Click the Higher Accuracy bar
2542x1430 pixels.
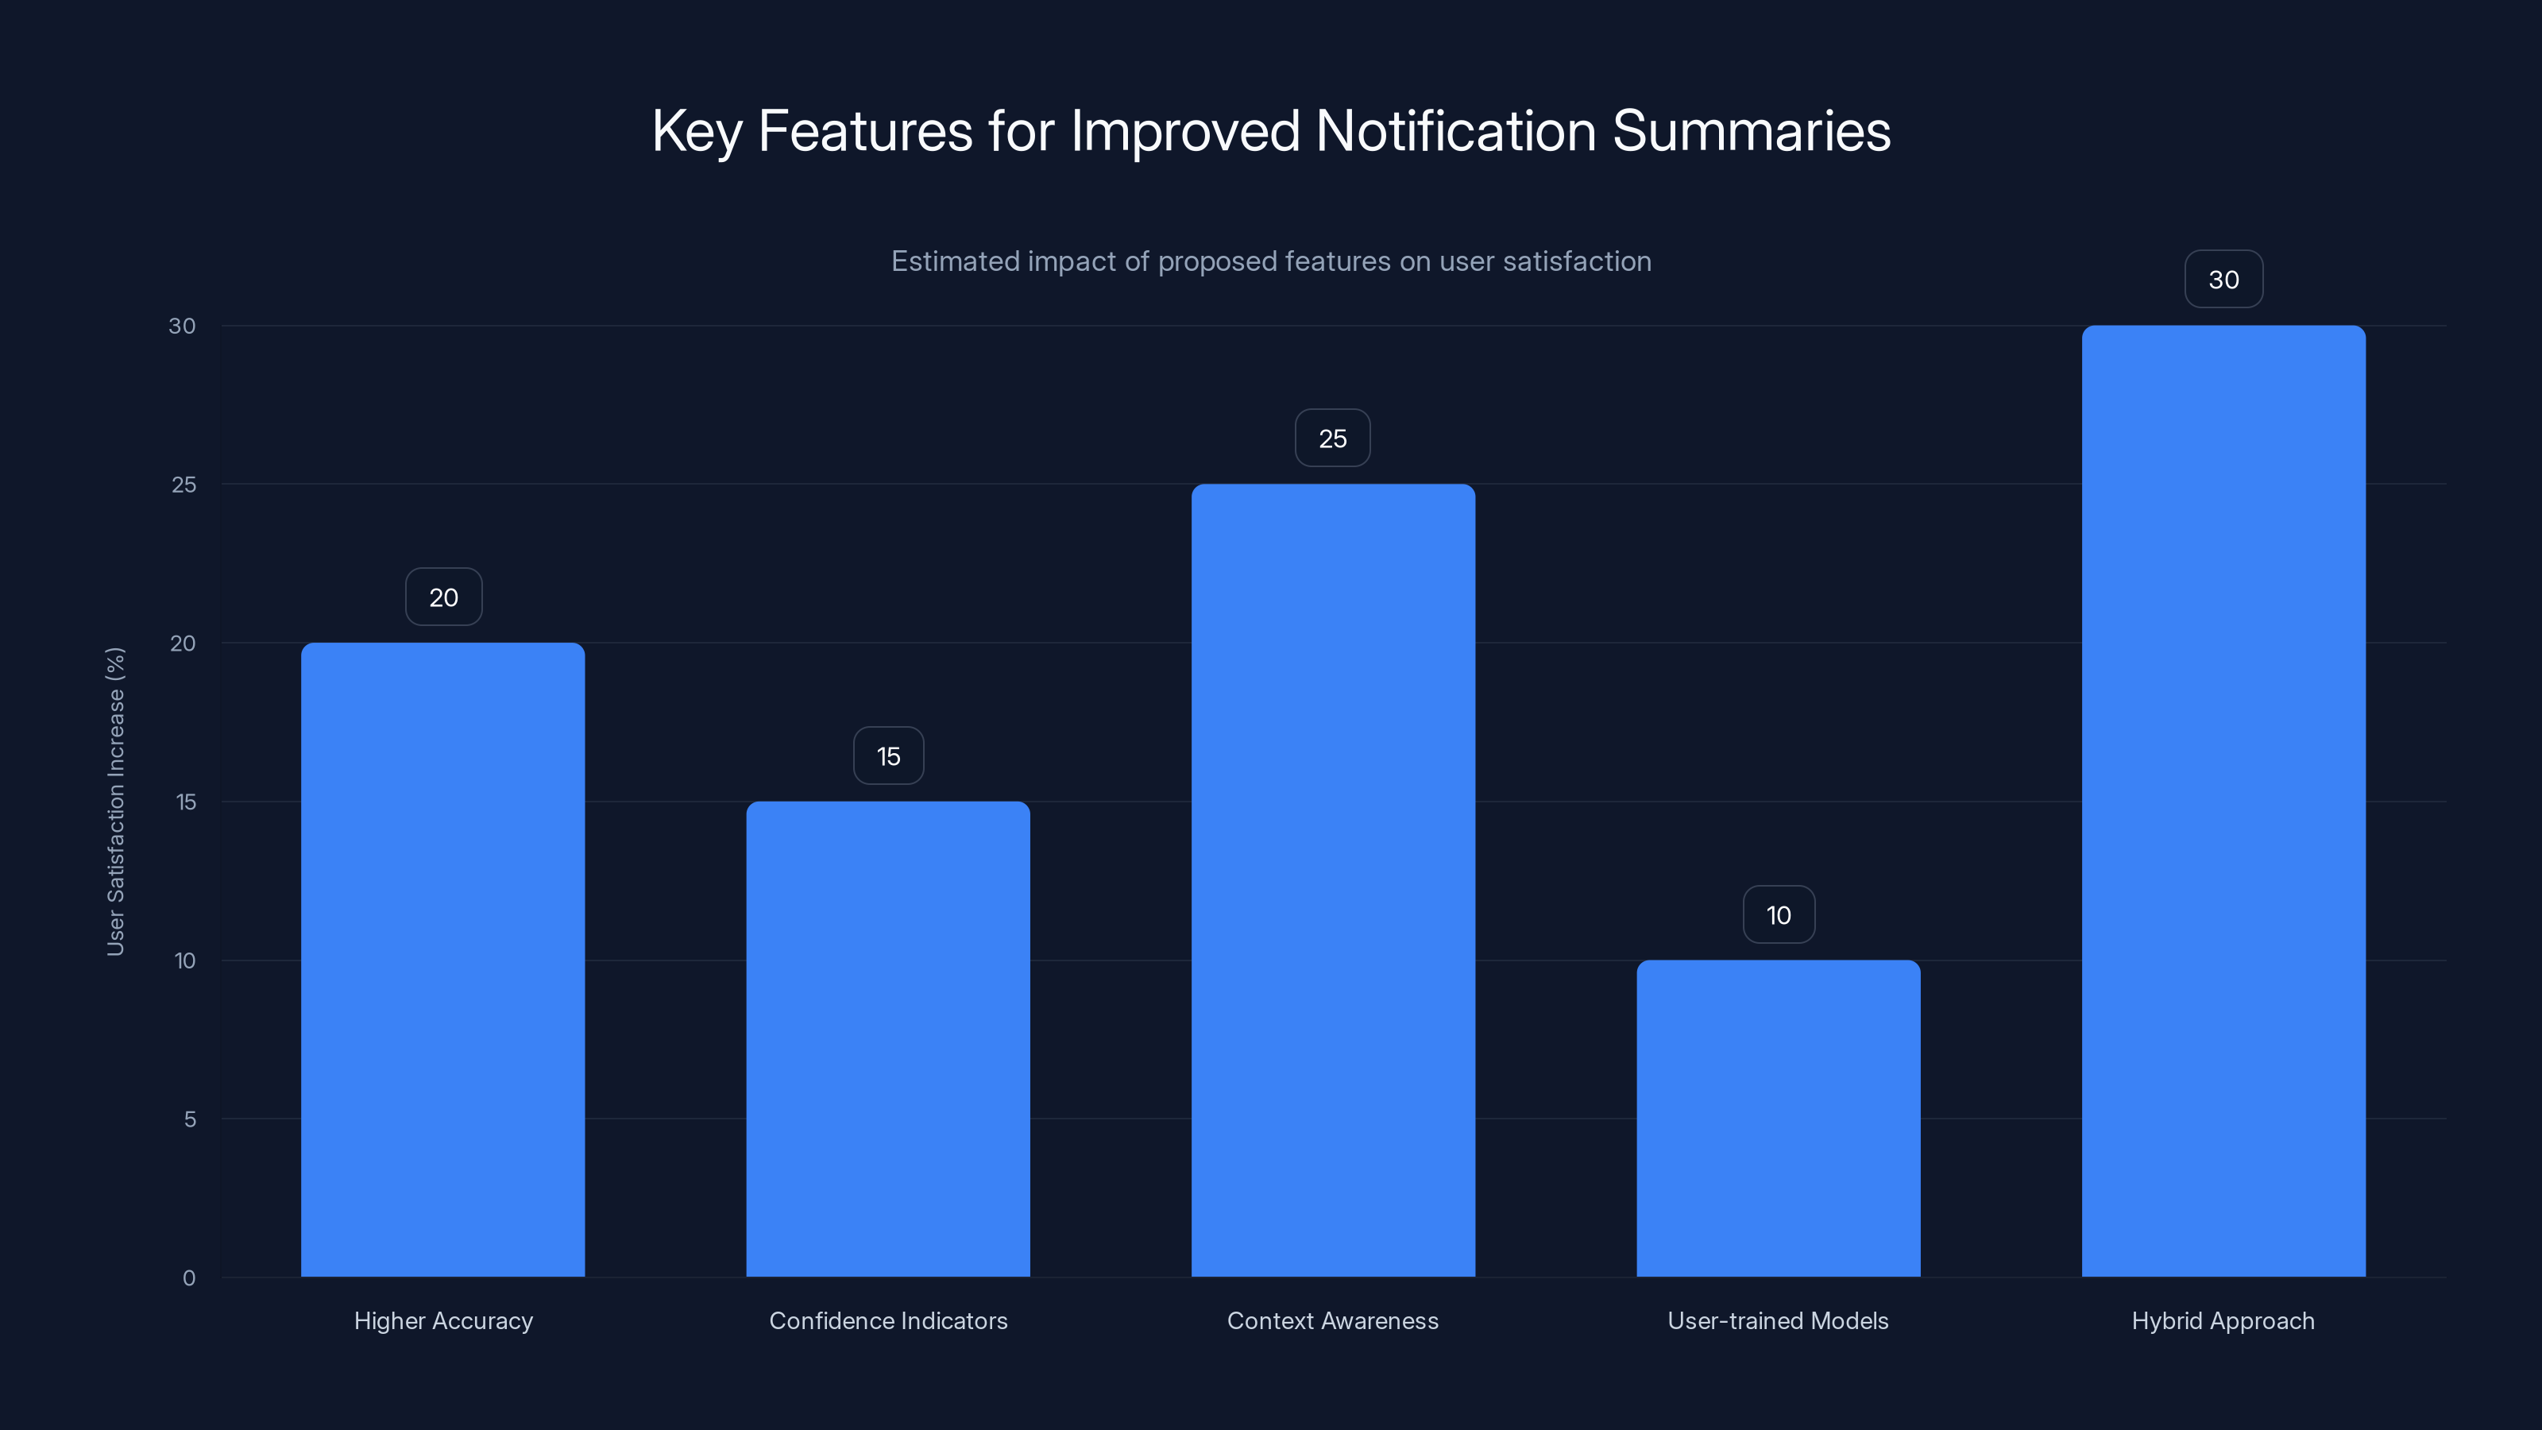coord(443,959)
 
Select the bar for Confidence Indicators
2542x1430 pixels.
coord(888,1038)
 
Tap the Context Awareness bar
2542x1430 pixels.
coord(1333,880)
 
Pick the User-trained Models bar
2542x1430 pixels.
coord(1779,1118)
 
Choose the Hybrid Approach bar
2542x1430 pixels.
coord(2223,802)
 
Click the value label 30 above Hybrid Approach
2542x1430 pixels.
coord(2223,280)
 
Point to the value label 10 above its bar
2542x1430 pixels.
coord(1779,915)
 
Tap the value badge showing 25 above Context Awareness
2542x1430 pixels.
coord(1332,439)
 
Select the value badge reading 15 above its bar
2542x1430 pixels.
coord(888,756)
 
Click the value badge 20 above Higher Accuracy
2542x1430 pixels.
coord(443,597)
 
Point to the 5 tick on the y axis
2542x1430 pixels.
coord(190,1119)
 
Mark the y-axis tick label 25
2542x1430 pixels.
coord(184,485)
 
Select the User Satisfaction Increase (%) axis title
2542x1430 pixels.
coord(115,802)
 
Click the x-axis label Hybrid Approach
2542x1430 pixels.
coord(2223,1320)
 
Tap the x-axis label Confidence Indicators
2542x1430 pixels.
coord(888,1320)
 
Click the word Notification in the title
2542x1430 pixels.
coord(1455,131)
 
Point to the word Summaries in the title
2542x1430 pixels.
coord(1752,131)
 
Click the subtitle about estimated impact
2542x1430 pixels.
coord(1271,261)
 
